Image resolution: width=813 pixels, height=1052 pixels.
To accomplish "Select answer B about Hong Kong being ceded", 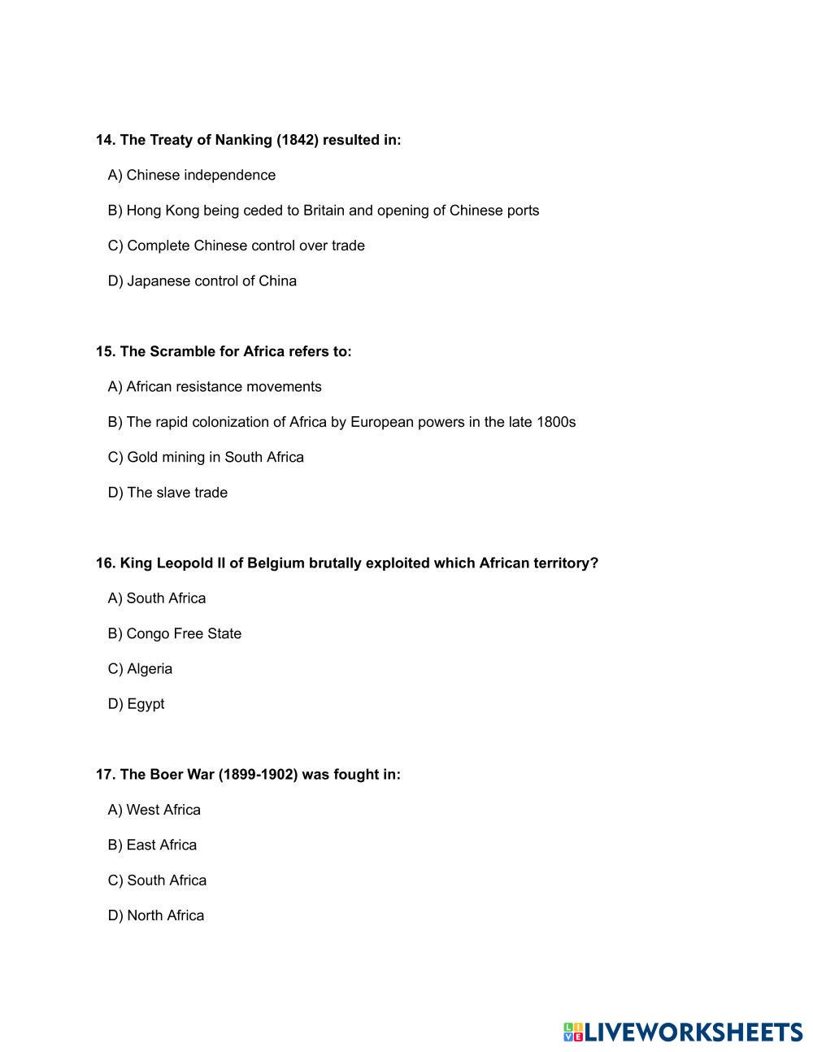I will coord(323,211).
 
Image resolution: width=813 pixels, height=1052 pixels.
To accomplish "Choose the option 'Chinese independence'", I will coord(192,176).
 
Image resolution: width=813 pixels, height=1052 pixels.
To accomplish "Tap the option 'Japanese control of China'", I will coord(202,281).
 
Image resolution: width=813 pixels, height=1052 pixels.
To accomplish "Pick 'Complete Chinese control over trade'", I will coord(236,246).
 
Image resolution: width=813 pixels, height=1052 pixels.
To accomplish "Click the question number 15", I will coord(105,352).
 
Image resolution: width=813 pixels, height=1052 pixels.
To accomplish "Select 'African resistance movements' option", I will coord(215,387).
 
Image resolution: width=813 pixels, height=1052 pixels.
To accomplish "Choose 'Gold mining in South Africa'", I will coord(206,458).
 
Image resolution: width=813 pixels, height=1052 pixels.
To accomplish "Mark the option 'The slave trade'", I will coord(167,493).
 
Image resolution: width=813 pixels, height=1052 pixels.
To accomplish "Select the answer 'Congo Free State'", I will coord(175,634).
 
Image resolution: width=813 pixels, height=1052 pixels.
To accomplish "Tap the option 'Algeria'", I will coord(140,669).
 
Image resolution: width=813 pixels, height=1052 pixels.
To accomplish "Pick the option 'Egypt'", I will coord(136,704).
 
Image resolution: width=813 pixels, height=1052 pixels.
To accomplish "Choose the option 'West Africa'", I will coord(154,810).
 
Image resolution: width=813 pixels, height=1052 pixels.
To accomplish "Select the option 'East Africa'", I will coord(152,846).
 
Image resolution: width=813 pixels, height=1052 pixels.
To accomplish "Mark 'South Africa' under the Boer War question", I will coord(157,880).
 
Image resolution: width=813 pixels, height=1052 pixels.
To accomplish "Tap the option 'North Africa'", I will coord(156,915).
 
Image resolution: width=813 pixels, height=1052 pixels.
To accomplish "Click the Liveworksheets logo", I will coord(683,1032).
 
